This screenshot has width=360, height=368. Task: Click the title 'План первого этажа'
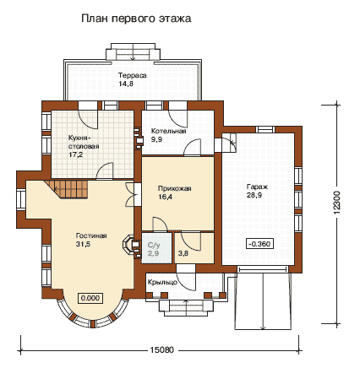click(x=136, y=19)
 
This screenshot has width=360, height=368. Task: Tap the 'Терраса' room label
click(x=132, y=75)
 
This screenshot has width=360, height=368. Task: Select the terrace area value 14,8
click(x=126, y=84)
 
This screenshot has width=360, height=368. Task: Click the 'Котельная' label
click(x=168, y=131)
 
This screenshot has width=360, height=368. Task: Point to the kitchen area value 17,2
click(x=76, y=154)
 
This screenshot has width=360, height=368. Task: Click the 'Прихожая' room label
click(x=174, y=188)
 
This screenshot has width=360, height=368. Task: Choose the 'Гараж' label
click(x=257, y=187)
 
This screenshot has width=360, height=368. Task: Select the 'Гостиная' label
click(x=91, y=235)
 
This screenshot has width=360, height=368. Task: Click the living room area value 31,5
click(x=83, y=244)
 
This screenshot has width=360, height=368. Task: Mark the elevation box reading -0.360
click(x=259, y=244)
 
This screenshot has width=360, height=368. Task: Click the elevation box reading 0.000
click(x=90, y=298)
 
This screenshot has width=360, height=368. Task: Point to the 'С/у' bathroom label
click(x=154, y=245)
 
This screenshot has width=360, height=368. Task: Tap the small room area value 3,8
click(x=183, y=253)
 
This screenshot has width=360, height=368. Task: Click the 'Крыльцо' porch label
click(x=162, y=282)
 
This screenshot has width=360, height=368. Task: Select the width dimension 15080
click(x=161, y=350)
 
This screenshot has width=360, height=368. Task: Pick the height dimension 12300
click(x=336, y=203)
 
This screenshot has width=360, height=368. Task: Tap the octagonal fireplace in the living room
click(x=128, y=244)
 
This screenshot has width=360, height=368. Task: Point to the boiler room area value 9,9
click(x=156, y=139)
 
